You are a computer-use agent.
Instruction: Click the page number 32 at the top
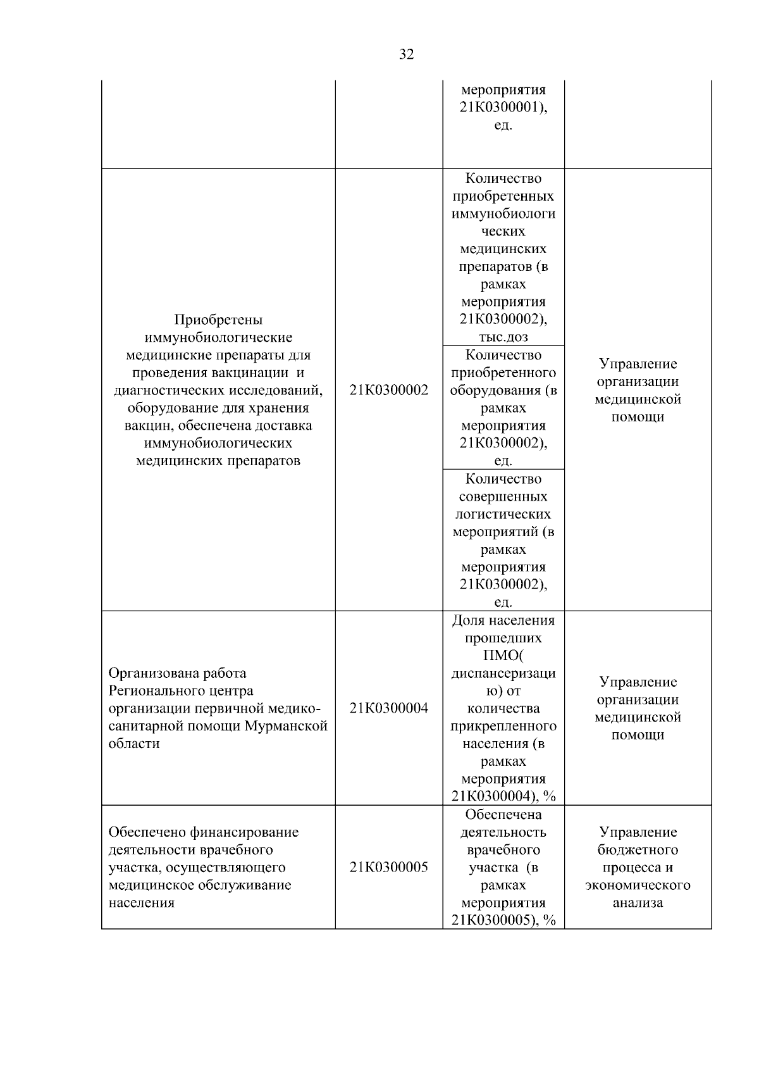[407, 55]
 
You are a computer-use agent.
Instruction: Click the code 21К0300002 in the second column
[388, 390]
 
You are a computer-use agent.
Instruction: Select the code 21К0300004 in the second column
[388, 708]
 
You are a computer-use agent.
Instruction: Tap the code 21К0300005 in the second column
[388, 868]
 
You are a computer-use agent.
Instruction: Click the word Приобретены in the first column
[218, 320]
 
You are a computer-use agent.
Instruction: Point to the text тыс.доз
[503, 337]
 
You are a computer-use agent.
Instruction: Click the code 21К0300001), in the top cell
[503, 108]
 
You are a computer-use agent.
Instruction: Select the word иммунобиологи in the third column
[503, 214]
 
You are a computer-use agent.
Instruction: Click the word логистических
[503, 515]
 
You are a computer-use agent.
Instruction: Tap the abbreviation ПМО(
[503, 656]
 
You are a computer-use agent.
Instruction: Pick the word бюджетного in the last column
[638, 850]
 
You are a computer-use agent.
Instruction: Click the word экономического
[638, 885]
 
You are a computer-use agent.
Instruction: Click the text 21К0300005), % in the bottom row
[503, 920]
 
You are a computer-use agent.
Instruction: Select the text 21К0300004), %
[503, 796]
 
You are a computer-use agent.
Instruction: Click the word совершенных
[503, 497]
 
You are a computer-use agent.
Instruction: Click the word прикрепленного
[503, 726]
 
